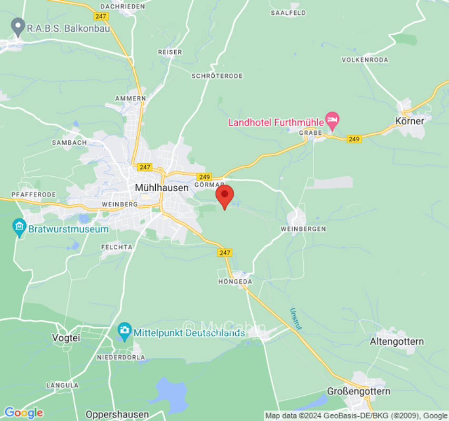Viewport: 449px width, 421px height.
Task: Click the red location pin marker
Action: pos(225,196)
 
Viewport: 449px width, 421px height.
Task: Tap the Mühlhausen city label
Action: pos(162,187)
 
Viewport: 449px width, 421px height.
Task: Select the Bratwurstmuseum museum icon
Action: pos(19,228)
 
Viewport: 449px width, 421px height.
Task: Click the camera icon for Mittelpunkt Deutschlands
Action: pos(124,332)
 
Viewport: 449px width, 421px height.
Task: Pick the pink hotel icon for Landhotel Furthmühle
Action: pos(332,119)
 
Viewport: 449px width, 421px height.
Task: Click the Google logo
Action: pos(23,413)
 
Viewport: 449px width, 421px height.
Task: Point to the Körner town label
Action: pos(409,121)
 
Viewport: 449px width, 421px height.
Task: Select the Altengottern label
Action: pos(396,342)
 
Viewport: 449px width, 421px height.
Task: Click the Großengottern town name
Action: pos(358,391)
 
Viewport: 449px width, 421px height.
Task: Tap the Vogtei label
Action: pos(66,338)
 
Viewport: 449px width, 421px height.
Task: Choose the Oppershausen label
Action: pos(117,414)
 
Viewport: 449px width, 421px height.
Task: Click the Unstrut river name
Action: pos(296,319)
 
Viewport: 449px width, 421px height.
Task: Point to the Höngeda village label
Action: pos(235,282)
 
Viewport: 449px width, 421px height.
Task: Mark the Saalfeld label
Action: pos(288,12)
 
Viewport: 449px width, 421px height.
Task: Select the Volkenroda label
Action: pos(365,60)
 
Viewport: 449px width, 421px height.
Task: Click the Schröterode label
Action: pos(217,76)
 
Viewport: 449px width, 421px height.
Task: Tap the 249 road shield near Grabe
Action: pos(354,139)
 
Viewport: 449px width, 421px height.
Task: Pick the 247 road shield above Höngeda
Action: pos(225,253)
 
